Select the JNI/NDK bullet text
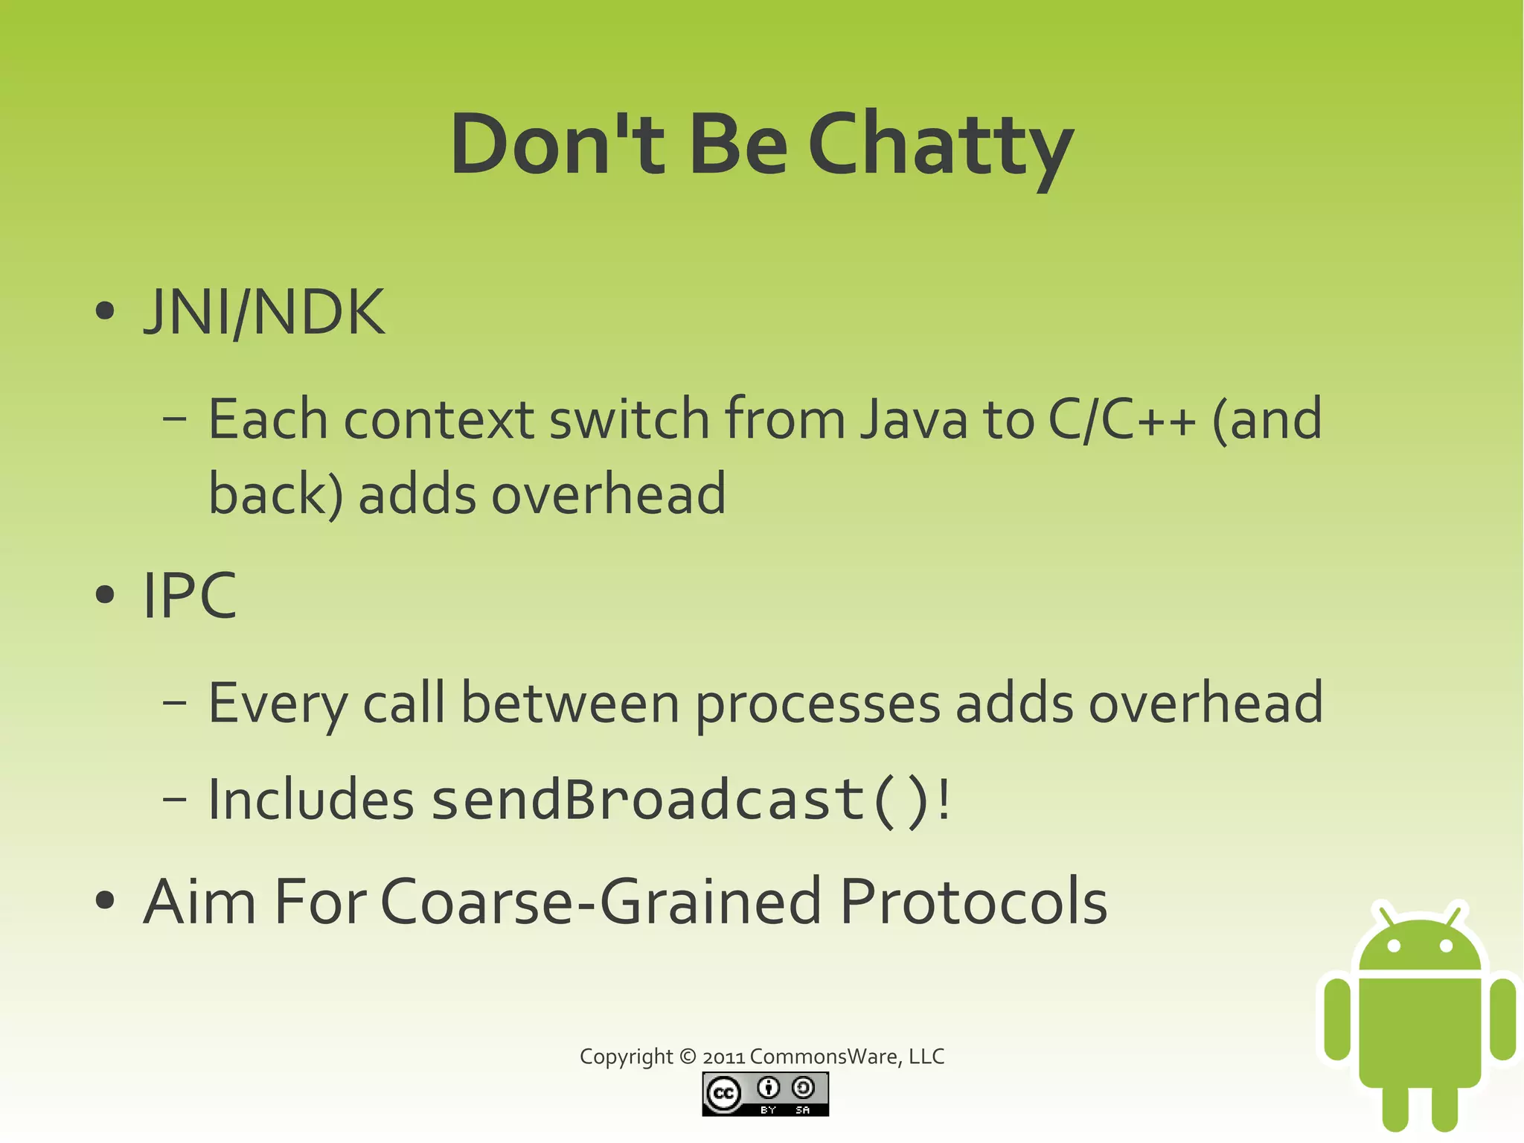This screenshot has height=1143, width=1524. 264,313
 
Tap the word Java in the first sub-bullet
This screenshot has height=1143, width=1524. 914,419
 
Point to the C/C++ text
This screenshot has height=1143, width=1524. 1121,419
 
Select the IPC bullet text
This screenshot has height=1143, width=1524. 190,596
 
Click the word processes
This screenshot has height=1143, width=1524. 818,704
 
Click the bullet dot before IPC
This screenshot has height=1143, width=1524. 106,595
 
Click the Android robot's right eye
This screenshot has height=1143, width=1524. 1446,946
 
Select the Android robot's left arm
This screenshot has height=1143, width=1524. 1337,1019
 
